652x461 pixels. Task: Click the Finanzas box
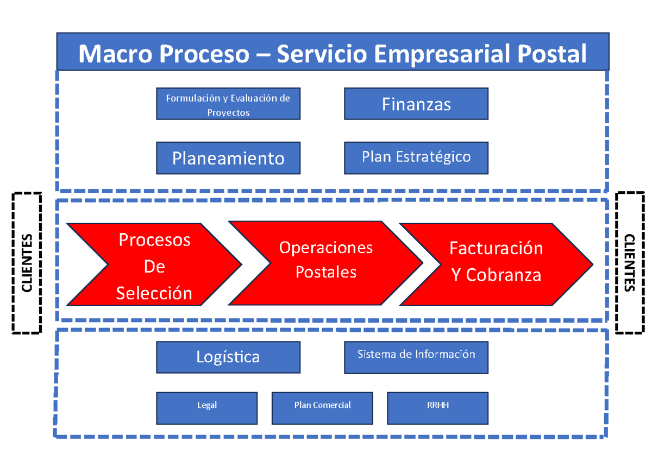(x=416, y=104)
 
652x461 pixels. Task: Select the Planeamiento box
(x=228, y=158)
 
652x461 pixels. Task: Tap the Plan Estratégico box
(x=416, y=157)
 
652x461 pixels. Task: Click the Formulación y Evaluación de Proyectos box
(x=228, y=104)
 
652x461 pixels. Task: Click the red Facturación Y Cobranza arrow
(x=496, y=261)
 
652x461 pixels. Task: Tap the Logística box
(x=228, y=357)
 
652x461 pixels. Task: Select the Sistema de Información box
(x=416, y=357)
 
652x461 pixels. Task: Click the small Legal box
(x=207, y=408)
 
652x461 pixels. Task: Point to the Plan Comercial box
(x=322, y=408)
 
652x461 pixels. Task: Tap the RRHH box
(x=438, y=408)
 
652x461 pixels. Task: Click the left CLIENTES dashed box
(x=27, y=262)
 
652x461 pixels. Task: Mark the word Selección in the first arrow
(x=154, y=293)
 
